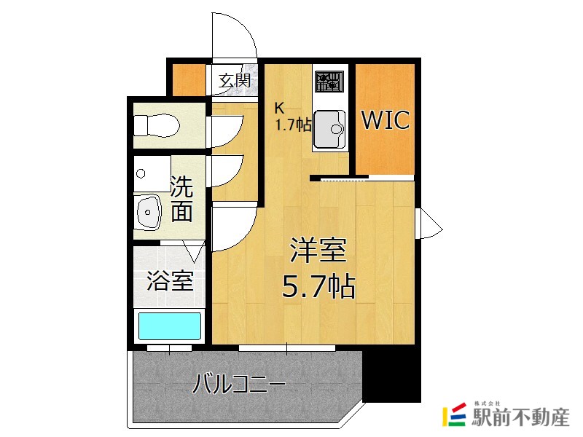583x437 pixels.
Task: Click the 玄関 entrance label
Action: pos(235,80)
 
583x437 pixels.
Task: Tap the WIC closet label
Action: pos(386,120)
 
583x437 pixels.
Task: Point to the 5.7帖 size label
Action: pos(318,288)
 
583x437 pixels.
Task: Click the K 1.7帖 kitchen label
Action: pos(291,116)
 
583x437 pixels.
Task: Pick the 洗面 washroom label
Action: pos(181,199)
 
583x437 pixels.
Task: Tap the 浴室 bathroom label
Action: pos(170,281)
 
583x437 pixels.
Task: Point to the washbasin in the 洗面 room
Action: pos(149,211)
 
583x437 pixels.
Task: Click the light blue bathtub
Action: pos(169,325)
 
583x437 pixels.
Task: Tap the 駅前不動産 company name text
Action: pos(520,418)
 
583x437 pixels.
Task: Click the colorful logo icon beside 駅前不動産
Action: pos(455,414)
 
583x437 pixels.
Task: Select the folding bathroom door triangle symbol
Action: pos(194,252)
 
